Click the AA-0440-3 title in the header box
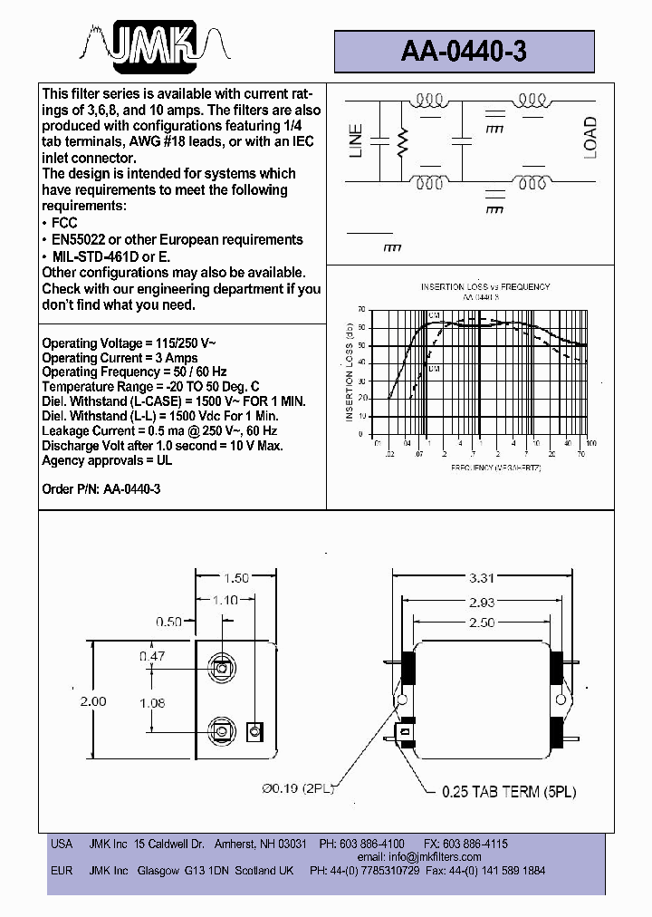463,53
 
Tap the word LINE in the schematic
356,140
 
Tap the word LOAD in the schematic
590,138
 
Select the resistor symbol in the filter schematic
404,140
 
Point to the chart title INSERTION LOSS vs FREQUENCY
484,287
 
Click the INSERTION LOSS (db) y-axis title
350,372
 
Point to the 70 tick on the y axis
362,309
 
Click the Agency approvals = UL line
107,460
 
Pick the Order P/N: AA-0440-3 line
101,489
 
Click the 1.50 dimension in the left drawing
235,578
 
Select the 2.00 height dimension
92,701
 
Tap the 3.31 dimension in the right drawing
482,577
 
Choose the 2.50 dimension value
482,623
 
